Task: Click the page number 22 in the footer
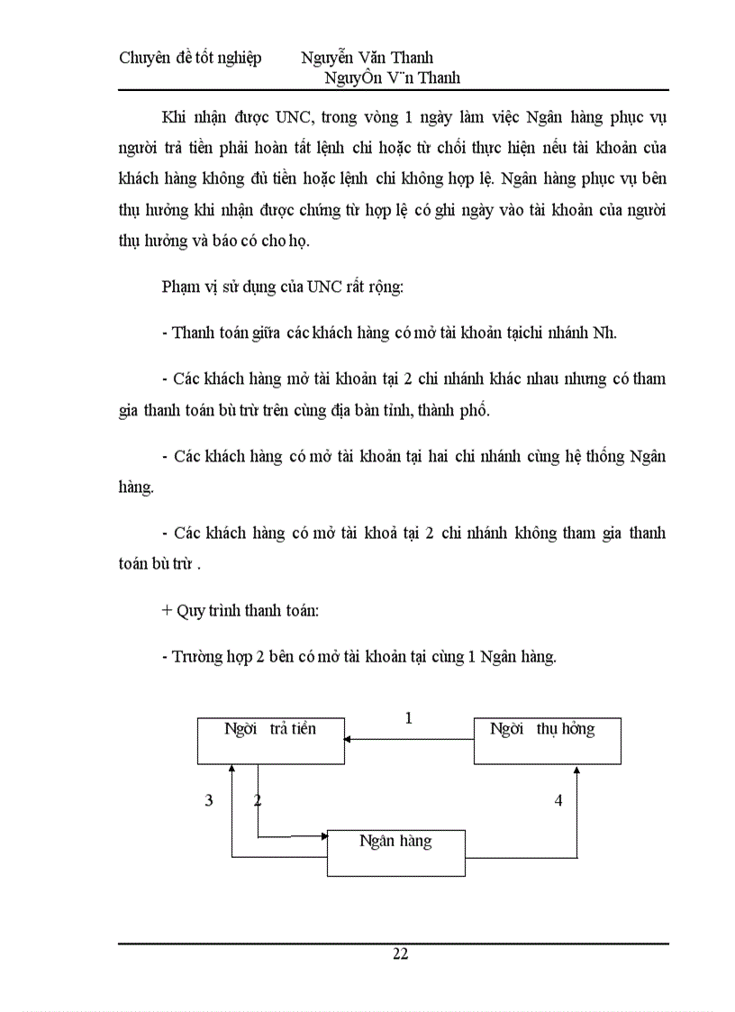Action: (x=401, y=954)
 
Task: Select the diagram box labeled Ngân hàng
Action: (x=395, y=852)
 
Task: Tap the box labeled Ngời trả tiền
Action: (x=270, y=740)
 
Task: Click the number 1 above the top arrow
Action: (x=409, y=718)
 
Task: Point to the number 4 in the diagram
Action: (x=558, y=799)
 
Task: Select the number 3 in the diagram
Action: (x=209, y=799)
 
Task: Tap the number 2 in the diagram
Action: (x=259, y=799)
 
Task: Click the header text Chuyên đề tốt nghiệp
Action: (x=190, y=59)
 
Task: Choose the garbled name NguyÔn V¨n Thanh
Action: (x=396, y=78)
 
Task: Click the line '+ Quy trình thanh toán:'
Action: (x=240, y=610)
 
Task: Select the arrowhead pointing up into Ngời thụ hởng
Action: (x=578, y=770)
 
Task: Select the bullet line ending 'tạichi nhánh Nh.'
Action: (x=389, y=332)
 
